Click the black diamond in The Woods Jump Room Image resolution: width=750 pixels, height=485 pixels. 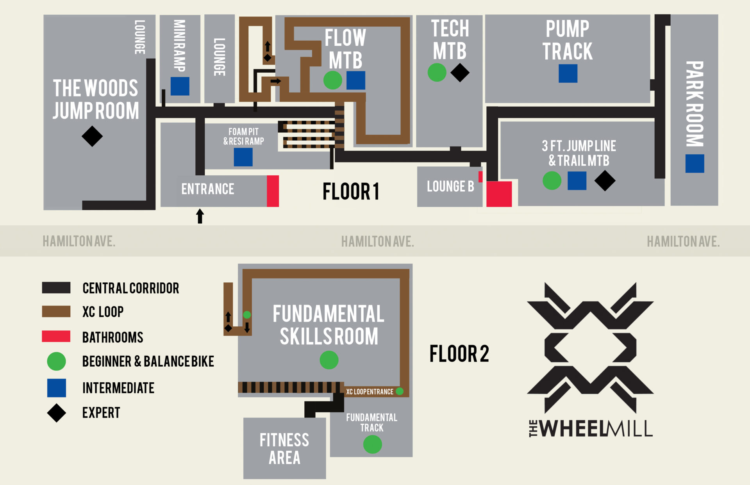point(92,136)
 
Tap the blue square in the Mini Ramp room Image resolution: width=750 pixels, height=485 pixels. point(180,86)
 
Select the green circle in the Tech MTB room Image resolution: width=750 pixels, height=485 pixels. point(437,72)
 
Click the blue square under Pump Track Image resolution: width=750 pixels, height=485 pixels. point(568,73)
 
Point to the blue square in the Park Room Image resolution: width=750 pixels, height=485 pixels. point(695,163)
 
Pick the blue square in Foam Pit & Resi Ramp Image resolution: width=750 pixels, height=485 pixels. point(243,157)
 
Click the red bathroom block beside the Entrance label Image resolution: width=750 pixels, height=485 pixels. point(273,191)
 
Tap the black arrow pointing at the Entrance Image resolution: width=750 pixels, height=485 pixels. point(200,216)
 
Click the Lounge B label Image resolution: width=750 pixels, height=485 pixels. point(450,187)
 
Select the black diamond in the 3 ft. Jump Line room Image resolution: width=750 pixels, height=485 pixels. point(605,180)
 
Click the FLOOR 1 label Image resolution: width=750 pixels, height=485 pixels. point(351,192)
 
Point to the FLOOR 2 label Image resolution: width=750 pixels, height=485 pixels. point(459,354)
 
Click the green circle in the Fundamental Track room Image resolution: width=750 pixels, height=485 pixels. point(372,444)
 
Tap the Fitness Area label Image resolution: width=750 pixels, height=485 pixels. point(284,449)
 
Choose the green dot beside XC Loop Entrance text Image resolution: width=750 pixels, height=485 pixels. point(399,391)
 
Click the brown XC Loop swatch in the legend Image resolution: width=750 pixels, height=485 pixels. point(56,311)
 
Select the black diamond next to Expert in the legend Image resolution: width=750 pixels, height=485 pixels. point(56,413)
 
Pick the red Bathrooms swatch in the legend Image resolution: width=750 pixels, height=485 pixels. point(56,336)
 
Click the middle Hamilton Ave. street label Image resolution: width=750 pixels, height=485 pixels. point(377,241)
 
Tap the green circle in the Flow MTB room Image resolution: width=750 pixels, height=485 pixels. point(332,80)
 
